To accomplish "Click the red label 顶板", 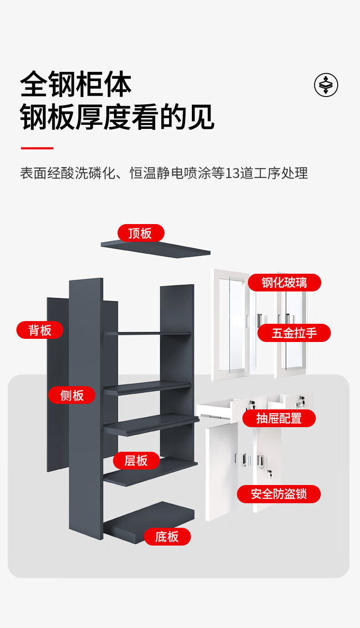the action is (x=141, y=233).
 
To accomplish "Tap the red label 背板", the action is (x=40, y=330).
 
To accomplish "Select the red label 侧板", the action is (x=72, y=395).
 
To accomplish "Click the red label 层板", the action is (x=136, y=460).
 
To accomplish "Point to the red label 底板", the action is (x=168, y=536).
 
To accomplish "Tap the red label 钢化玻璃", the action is (x=284, y=282).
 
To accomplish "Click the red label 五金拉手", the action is (x=294, y=333).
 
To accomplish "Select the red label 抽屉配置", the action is (x=279, y=419).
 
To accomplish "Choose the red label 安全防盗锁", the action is (x=279, y=494).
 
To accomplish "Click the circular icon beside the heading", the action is (x=326, y=85).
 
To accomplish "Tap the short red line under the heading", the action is (x=37, y=148).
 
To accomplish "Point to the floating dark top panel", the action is (x=156, y=249).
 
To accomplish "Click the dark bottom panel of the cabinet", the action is (x=149, y=522).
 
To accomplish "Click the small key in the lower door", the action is (x=269, y=472).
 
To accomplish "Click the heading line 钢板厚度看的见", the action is (x=117, y=117).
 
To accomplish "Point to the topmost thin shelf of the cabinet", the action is (x=147, y=334).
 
